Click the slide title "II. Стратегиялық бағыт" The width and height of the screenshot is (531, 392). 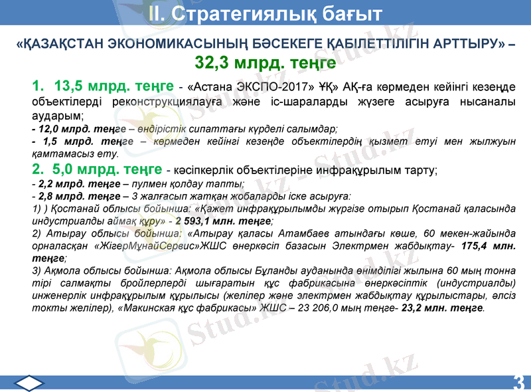click(x=265, y=13)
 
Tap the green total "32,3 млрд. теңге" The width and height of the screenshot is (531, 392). click(x=265, y=63)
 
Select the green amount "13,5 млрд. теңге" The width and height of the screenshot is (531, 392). click(x=114, y=86)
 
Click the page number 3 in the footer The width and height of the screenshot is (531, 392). click(x=518, y=383)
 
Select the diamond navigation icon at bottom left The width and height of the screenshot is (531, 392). click(x=29, y=383)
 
